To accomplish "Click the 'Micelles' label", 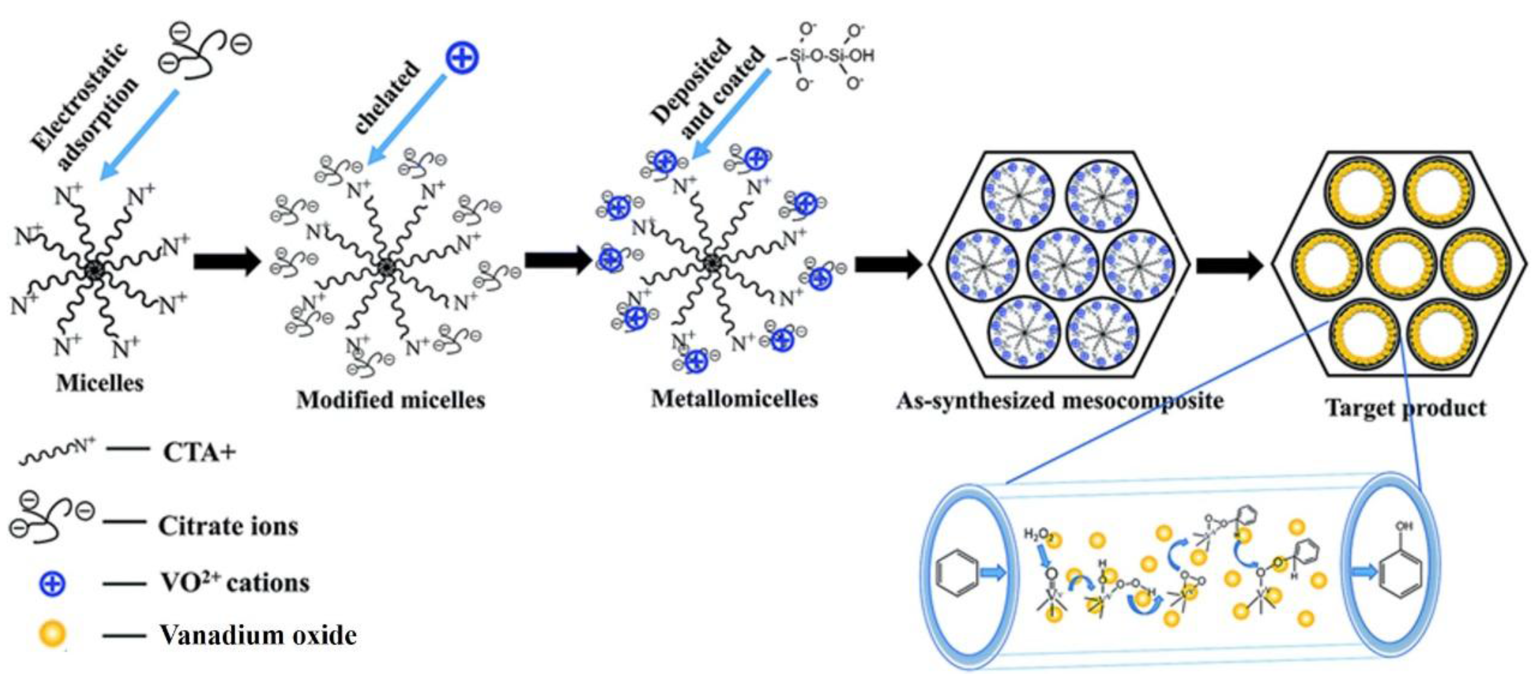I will tap(100, 383).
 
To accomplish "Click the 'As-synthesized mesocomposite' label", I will tap(1060, 401).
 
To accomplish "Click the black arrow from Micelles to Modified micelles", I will tap(227, 262).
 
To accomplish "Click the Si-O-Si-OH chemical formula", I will tap(831, 55).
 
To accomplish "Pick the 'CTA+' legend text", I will tap(199, 452).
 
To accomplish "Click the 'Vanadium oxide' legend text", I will tap(258, 635).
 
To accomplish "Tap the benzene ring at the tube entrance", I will tap(956, 573).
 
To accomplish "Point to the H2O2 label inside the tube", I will tap(1038, 533).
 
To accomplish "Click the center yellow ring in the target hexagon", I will tap(1401, 265).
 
